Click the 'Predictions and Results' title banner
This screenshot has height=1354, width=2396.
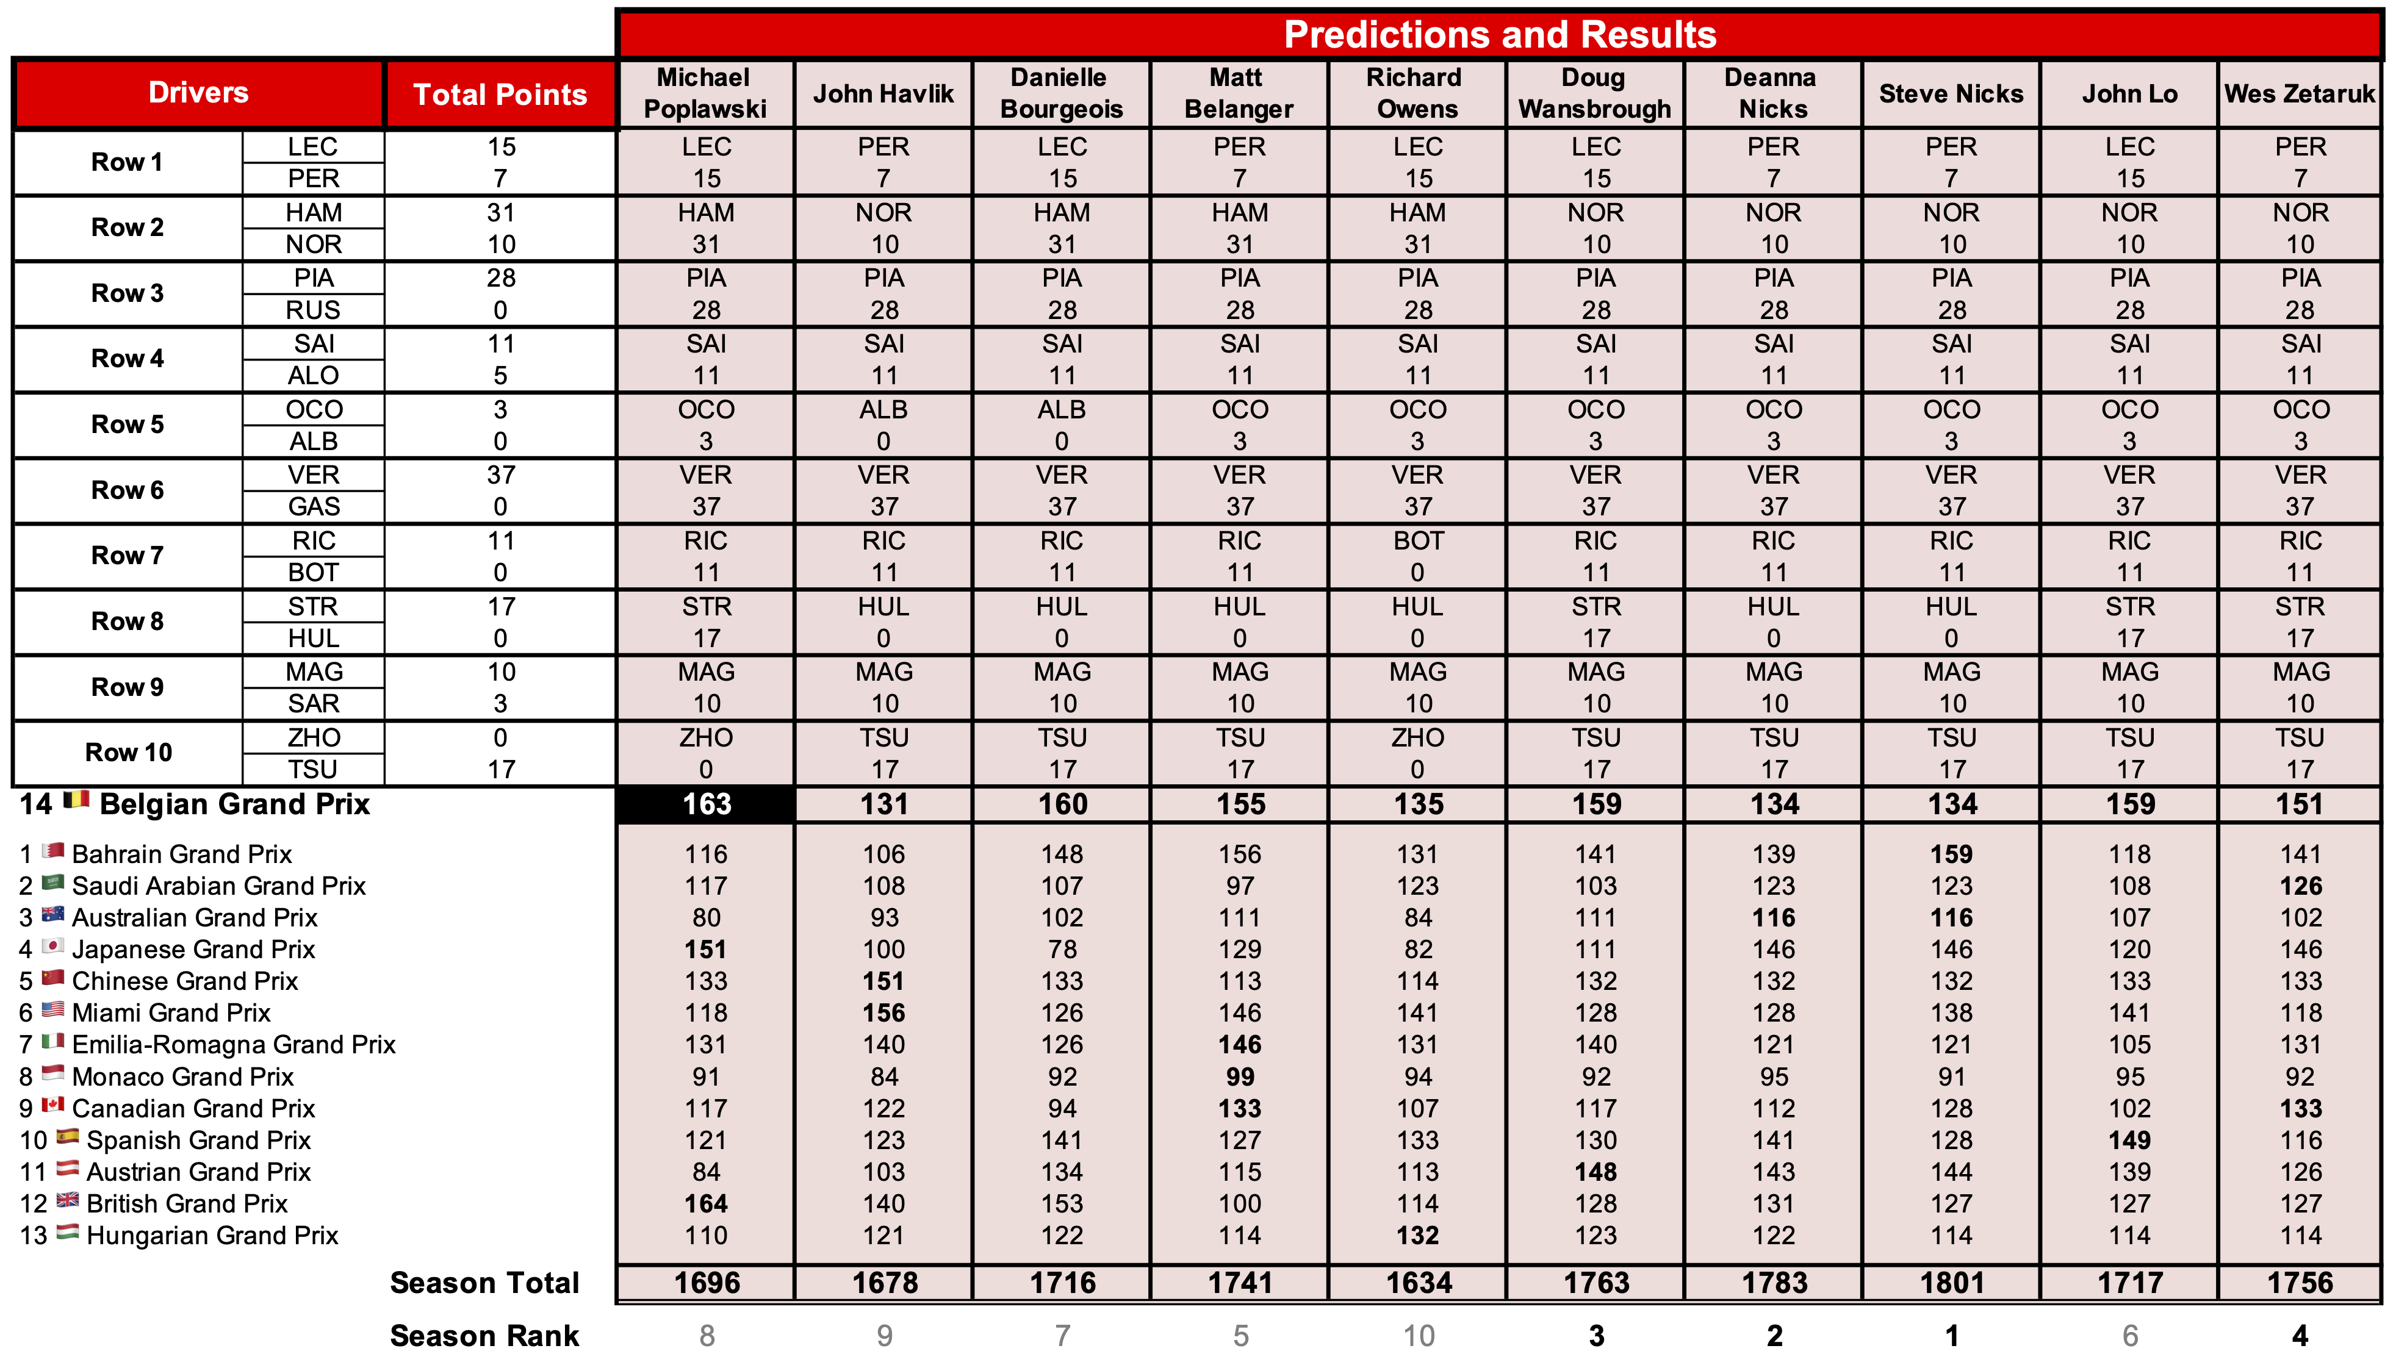point(1498,34)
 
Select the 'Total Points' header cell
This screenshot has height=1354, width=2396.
point(500,94)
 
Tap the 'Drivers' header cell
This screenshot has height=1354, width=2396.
point(198,92)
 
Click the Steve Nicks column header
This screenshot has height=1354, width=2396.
point(1951,94)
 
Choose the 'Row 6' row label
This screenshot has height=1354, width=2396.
point(128,490)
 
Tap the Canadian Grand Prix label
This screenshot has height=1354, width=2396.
point(193,1108)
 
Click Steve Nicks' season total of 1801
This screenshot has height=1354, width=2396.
point(1951,1283)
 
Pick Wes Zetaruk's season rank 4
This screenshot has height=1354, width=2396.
point(2299,1336)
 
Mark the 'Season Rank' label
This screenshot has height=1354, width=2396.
point(484,1336)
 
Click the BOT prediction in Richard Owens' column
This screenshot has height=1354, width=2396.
point(1417,541)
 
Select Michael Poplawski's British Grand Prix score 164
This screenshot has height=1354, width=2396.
point(706,1205)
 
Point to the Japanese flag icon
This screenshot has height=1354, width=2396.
point(53,947)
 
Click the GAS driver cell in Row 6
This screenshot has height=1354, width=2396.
point(314,507)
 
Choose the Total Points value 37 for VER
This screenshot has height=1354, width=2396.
point(500,475)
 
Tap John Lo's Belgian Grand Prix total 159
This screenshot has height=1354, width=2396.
point(2129,804)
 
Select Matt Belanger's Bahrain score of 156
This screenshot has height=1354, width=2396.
point(1240,854)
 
